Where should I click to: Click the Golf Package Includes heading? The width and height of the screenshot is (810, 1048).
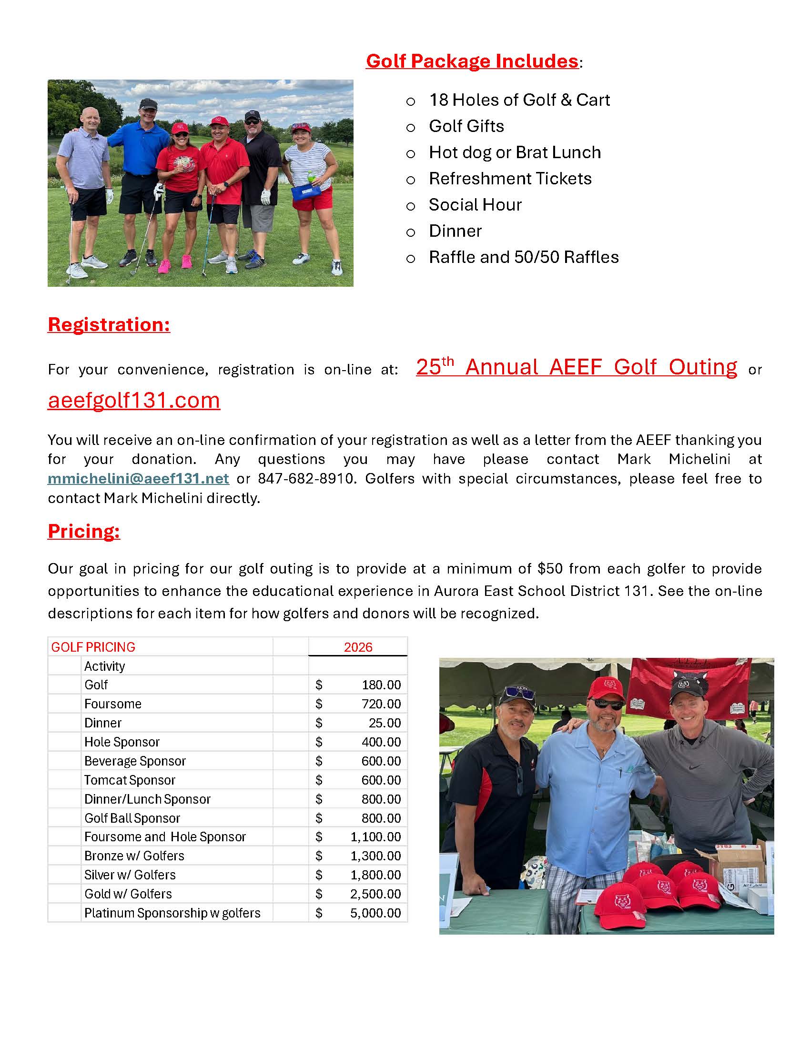pos(472,61)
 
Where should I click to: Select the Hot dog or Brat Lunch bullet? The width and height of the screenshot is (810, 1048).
pos(515,152)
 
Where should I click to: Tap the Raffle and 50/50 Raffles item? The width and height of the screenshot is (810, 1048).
pos(524,257)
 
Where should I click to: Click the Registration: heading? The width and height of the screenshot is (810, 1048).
pos(109,324)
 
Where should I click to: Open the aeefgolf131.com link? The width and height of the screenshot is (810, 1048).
pos(134,400)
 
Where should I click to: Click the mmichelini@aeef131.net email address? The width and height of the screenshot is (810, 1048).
pos(138,478)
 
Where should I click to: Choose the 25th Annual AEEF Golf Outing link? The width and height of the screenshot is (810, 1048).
pos(577,367)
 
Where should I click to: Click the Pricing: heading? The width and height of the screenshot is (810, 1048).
pos(83,531)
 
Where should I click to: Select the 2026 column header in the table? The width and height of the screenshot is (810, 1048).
pos(358,647)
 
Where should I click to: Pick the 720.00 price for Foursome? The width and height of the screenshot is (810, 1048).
pos(381,704)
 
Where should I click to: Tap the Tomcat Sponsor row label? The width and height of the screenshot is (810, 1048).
pos(130,780)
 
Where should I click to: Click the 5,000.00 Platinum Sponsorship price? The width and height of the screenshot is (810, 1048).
pos(375,913)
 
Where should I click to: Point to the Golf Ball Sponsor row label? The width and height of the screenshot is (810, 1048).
pos(132,818)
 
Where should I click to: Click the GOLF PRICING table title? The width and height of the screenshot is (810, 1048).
pos(93,647)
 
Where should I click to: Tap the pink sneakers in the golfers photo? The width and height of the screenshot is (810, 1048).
pos(175,263)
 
